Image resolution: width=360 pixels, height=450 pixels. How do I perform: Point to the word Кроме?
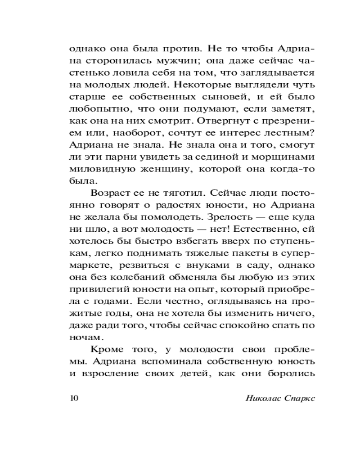click(x=107, y=349)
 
